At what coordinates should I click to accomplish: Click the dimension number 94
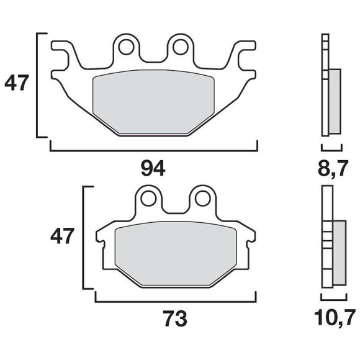(x=153, y=169)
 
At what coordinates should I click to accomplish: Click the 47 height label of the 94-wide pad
(x=17, y=83)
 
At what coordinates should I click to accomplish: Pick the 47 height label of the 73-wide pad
(x=63, y=236)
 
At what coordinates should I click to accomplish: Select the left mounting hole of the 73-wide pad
(x=149, y=198)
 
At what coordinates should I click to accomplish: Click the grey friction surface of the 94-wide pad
(x=153, y=102)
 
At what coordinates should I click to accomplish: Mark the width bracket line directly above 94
(x=153, y=150)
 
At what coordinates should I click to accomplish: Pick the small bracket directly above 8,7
(x=331, y=150)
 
